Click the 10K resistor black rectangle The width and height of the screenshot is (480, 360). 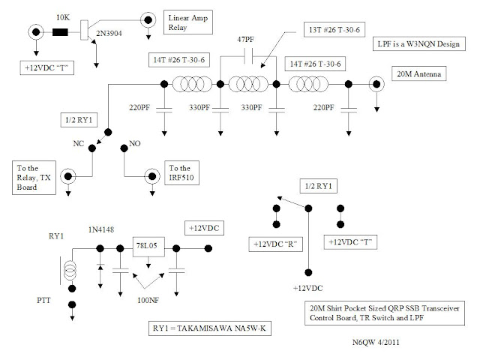(60, 32)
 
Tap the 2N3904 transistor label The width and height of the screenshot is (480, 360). (109, 33)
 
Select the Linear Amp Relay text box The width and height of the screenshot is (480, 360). (188, 22)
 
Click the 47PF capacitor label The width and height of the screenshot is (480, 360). (245, 40)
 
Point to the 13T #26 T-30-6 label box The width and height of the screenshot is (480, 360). (334, 30)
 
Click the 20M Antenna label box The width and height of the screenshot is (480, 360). (419, 73)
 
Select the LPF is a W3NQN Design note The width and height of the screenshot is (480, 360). (419, 43)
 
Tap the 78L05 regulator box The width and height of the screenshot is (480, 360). (148, 247)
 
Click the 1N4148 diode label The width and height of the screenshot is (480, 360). (101, 229)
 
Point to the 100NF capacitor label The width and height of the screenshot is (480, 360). (148, 300)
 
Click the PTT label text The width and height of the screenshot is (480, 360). (43, 300)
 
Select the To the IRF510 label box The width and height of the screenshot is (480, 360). (181, 173)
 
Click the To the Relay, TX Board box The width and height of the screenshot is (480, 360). (34, 178)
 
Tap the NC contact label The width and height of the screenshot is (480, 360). (78, 143)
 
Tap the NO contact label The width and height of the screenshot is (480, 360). (135, 143)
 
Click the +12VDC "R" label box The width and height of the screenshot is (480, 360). (275, 244)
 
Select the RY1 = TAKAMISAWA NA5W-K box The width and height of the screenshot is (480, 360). (210, 328)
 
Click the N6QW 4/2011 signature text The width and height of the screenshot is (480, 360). (376, 342)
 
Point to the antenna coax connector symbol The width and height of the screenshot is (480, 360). (376, 84)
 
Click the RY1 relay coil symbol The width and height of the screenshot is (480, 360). (70, 270)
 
